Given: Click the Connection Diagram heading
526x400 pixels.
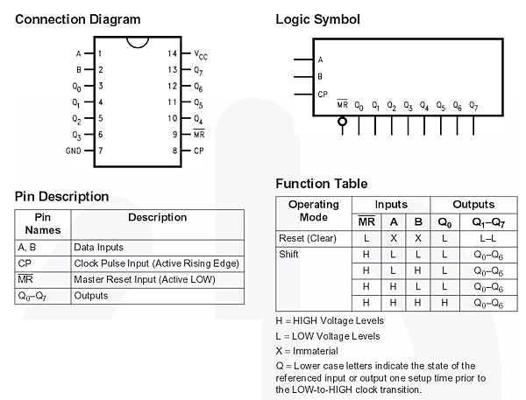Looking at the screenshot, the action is click(x=77, y=19).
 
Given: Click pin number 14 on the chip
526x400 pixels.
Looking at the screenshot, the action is click(x=172, y=53).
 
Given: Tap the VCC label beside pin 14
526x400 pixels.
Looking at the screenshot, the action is click(x=201, y=54).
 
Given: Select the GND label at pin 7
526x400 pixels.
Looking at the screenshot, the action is click(x=74, y=151).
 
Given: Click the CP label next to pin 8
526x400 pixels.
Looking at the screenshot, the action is click(x=199, y=151).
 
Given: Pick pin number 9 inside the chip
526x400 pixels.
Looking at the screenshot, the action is click(x=174, y=135).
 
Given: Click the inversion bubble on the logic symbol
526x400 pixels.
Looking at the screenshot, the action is click(x=342, y=121).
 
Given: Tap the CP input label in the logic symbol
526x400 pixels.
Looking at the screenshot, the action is click(x=323, y=95).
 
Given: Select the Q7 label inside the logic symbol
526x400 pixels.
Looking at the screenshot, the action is click(x=473, y=106).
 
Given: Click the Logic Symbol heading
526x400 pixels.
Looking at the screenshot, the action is click(x=317, y=19).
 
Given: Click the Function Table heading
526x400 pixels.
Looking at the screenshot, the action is click(x=322, y=184).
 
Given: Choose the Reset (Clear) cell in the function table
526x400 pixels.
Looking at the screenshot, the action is click(x=308, y=238).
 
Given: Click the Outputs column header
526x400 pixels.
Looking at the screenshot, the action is click(x=473, y=204).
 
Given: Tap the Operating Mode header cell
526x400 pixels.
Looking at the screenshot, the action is click(x=314, y=211).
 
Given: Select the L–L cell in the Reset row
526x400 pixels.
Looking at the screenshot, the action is click(x=487, y=239).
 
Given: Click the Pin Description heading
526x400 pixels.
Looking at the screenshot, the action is click(x=61, y=196).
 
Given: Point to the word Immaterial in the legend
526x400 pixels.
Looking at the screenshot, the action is click(x=316, y=351).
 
